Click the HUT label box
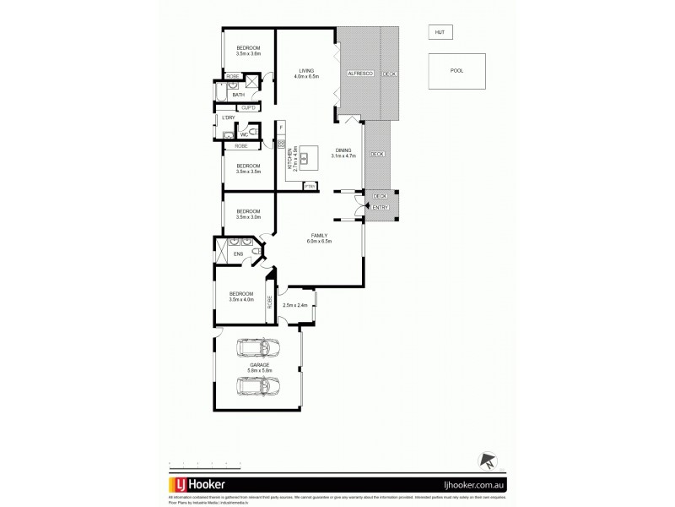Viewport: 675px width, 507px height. pos(439,32)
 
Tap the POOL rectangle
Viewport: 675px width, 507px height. pos(456,71)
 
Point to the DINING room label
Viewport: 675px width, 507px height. pos(344,153)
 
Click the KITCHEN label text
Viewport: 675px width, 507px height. pos(289,158)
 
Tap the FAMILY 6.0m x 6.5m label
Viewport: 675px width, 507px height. pos(320,238)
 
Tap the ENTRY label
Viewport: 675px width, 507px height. pos(380,207)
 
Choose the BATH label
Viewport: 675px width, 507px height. pos(239,95)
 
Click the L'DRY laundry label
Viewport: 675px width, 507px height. pos(228,118)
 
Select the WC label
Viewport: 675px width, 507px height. pos(244,134)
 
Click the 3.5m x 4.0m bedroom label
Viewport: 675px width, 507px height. pos(241,297)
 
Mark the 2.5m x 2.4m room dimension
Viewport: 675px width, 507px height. pos(294,305)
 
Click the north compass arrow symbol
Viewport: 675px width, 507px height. pos(486,461)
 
